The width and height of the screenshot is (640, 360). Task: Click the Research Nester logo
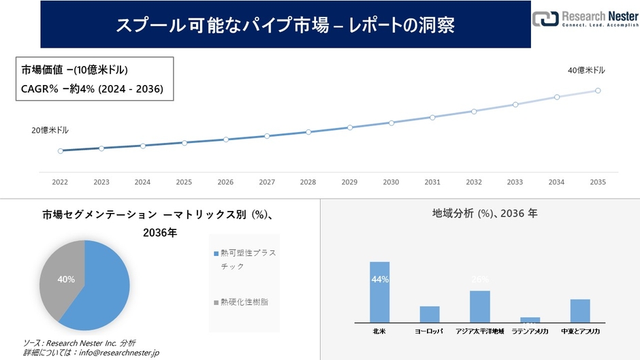tap(585, 20)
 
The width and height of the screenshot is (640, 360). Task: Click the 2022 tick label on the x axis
tap(60, 182)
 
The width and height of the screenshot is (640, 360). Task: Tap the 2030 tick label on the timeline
tap(391, 182)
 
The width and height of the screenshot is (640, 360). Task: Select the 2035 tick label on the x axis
tap(598, 182)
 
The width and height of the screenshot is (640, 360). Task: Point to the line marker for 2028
tap(308, 132)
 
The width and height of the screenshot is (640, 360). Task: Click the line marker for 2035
tap(598, 91)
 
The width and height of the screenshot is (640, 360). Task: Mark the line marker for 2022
tap(61, 151)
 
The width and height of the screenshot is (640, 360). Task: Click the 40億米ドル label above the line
tap(586, 70)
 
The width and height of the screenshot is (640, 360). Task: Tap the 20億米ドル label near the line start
tap(50, 130)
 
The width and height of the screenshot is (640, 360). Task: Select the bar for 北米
tap(379, 293)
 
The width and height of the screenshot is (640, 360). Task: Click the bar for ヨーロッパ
tap(430, 314)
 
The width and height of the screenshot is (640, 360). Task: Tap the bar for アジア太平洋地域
tap(480, 306)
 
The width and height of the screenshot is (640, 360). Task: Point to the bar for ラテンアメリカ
tap(530, 320)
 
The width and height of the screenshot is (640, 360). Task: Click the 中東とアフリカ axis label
tap(580, 331)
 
